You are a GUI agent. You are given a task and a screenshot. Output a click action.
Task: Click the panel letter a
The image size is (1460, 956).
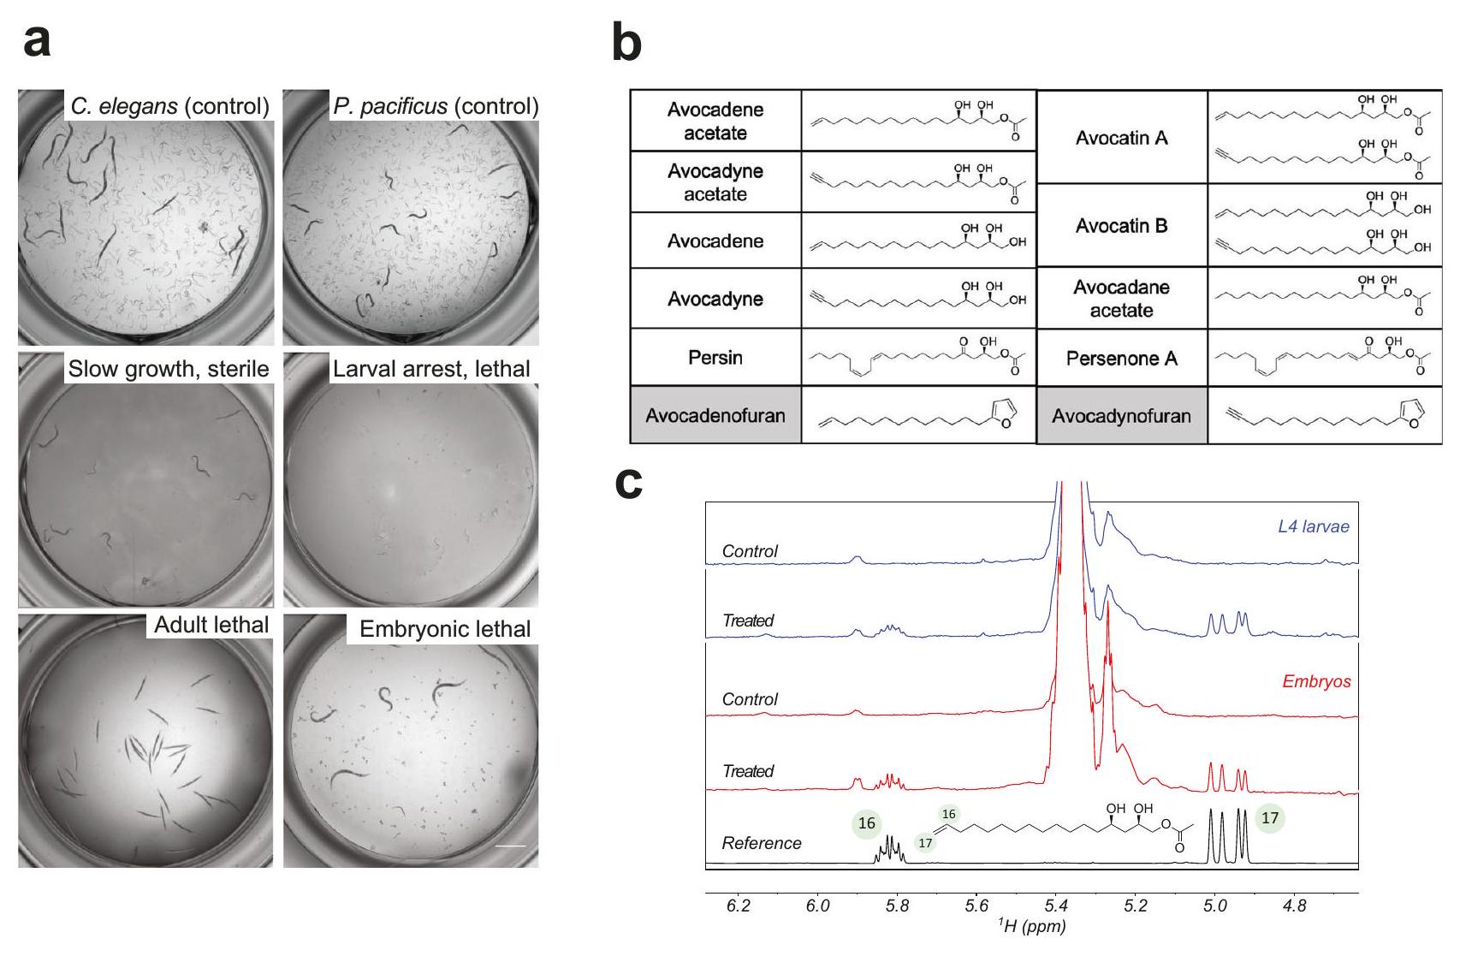37,41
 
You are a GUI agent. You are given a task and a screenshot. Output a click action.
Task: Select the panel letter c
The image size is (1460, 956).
629,484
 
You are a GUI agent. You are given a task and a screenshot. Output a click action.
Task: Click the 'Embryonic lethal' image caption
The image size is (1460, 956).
445,629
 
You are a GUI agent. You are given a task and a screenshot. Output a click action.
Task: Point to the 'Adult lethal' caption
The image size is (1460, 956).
211,625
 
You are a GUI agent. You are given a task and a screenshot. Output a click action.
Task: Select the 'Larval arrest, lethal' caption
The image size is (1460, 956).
431,369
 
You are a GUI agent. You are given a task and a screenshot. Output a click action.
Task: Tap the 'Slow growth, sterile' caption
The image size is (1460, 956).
169,369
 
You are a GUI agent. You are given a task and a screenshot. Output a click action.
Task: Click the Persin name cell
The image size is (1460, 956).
715,357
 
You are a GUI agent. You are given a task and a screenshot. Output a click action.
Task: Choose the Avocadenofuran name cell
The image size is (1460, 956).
715,415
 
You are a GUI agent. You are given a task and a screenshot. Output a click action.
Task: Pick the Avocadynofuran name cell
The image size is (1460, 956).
1121,416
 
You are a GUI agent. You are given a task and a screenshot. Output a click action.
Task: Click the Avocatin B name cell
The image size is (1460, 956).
1121,226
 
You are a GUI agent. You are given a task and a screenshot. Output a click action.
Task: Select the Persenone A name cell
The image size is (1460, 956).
1121,358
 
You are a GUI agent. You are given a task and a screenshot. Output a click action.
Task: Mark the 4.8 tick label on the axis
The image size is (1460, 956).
1295,906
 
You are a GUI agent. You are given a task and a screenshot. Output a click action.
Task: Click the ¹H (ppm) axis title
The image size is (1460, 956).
1032,926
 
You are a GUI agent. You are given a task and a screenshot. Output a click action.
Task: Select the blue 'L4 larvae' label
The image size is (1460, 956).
1313,526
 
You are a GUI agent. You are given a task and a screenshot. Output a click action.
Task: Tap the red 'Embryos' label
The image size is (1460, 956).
1316,681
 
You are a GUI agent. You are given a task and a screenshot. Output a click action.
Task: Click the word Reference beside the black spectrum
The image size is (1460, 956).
762,843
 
